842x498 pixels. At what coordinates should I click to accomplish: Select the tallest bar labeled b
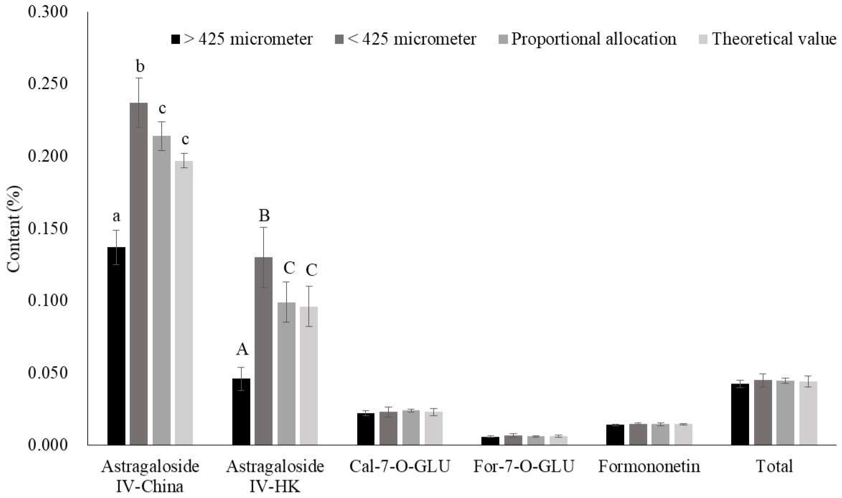[139, 273]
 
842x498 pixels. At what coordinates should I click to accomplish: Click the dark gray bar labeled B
[263, 351]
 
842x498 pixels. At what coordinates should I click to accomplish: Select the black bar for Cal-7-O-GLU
[366, 429]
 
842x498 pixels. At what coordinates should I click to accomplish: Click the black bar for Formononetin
[615, 435]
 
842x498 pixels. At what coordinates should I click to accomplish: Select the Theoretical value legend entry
[768, 39]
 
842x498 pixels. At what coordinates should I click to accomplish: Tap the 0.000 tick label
[48, 445]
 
